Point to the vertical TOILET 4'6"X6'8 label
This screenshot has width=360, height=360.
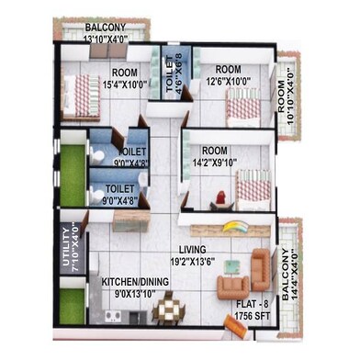coord(174,73)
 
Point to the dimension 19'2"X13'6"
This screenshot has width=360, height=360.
coord(191,260)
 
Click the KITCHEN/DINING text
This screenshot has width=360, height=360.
coord(126,285)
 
